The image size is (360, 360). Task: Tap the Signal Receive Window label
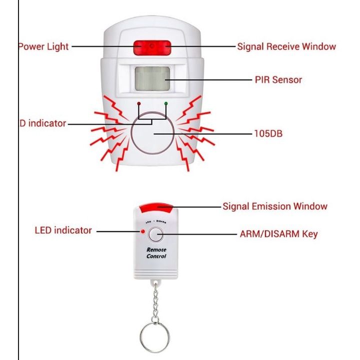[x=286, y=47]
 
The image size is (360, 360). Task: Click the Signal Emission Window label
[x=275, y=206]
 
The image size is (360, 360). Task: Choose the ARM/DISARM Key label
[x=278, y=233]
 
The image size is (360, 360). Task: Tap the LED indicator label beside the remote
[x=63, y=231]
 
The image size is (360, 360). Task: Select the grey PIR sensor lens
[x=152, y=79]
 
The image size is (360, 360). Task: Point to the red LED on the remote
[x=143, y=232]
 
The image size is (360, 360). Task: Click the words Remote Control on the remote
[x=156, y=253]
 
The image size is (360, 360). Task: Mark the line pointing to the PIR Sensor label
[x=210, y=79]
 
